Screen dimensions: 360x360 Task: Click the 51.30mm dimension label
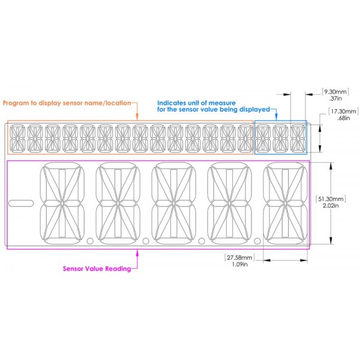click(x=331, y=199)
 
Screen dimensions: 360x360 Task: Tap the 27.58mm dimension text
click(x=239, y=257)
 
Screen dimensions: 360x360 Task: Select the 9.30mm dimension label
click(x=335, y=92)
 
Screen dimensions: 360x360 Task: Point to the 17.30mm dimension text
click(x=343, y=112)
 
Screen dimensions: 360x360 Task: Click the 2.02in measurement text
click(x=331, y=205)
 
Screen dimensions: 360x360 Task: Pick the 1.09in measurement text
click(x=239, y=264)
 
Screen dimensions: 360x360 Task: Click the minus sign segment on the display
click(x=21, y=203)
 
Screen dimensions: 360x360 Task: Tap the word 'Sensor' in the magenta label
click(x=73, y=269)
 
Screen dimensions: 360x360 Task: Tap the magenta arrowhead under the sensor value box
click(x=137, y=253)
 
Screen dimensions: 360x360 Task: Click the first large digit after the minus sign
click(x=62, y=203)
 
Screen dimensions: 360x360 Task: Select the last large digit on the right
click(x=285, y=203)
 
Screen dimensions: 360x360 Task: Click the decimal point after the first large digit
click(x=90, y=241)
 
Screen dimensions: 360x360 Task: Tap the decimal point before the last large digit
click(x=257, y=241)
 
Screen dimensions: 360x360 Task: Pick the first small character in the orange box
click(x=17, y=139)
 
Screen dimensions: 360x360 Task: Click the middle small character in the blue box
click(x=280, y=139)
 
